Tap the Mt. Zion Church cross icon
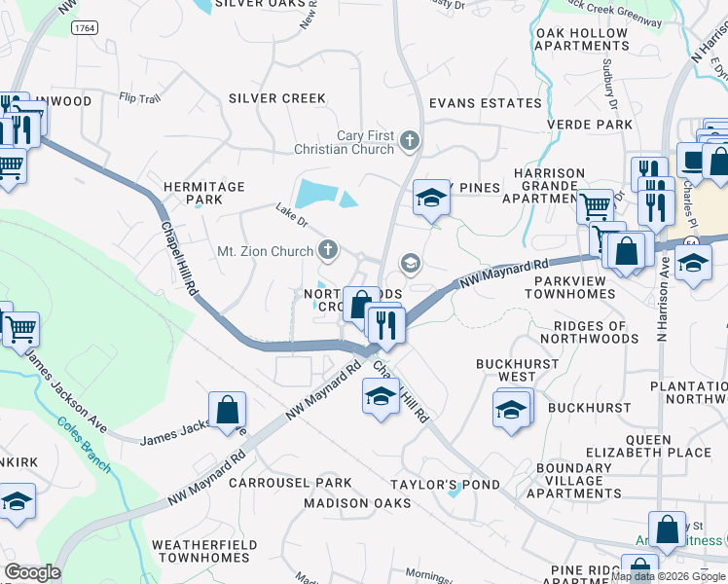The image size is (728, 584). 328,251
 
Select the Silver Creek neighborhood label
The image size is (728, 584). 277,98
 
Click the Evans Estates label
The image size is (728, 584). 486,103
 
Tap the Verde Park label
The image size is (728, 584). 590,125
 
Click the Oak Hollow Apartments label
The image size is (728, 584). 582,39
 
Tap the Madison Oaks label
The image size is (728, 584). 357,503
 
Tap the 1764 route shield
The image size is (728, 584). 84,30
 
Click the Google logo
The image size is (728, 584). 32,572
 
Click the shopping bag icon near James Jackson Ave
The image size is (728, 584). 227,410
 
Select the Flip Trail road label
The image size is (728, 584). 139,98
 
